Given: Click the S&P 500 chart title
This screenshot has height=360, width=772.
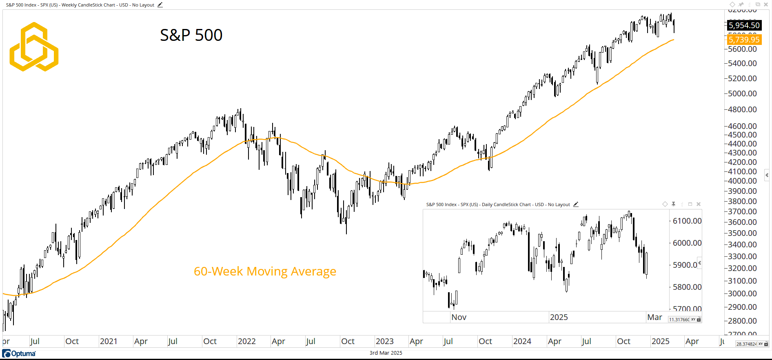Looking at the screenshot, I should click(x=191, y=35).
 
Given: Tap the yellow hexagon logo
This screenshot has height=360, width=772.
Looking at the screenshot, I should click(x=34, y=47).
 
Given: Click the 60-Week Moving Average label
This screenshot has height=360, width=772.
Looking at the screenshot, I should click(x=265, y=271).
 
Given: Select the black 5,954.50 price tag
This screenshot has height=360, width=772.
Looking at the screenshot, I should click(x=744, y=25).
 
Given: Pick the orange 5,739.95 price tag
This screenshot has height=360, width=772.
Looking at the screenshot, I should click(x=744, y=40).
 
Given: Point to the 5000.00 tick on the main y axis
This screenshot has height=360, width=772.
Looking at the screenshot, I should click(x=742, y=93).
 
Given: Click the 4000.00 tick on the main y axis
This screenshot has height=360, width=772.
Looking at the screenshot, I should click(x=742, y=181).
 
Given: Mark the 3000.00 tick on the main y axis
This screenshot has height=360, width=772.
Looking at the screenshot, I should click(x=742, y=293).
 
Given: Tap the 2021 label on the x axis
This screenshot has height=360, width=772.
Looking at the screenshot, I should click(x=109, y=341).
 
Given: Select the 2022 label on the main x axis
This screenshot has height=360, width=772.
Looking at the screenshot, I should click(x=246, y=341).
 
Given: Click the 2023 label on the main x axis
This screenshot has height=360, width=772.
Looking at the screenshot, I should click(x=384, y=341).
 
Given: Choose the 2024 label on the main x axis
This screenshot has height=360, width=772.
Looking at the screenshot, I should click(x=522, y=341).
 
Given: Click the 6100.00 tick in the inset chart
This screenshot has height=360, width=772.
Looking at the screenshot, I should click(x=687, y=221).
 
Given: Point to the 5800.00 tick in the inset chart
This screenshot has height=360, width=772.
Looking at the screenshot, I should click(x=687, y=287).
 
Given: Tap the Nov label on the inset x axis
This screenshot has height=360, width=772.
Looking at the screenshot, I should click(x=459, y=317).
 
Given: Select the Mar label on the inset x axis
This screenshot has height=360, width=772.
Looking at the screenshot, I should click(x=654, y=317).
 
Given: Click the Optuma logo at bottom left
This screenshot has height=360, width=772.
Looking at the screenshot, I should click(x=19, y=353).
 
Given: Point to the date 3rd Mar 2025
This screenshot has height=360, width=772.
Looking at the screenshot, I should click(x=386, y=353).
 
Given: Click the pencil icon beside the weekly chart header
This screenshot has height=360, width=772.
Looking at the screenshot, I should click(x=160, y=5).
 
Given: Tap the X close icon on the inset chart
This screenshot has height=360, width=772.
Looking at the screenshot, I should click(x=699, y=204).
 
